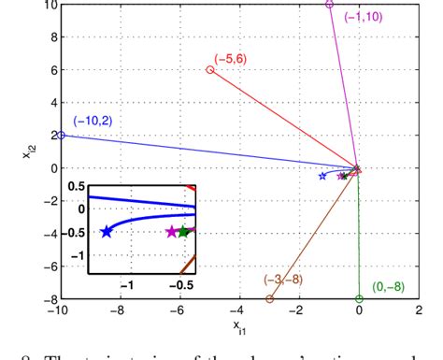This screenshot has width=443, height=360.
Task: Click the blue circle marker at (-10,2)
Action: pos(61,135)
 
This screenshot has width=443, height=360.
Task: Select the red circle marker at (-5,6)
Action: pos(209,70)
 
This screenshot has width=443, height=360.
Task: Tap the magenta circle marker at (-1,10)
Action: pos(329,5)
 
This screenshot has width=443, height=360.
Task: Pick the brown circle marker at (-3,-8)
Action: pos(270,299)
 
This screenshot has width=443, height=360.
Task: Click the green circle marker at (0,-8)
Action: pos(359,299)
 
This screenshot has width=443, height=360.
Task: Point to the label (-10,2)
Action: pos(93,121)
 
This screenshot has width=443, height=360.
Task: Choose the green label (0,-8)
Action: pos(389,286)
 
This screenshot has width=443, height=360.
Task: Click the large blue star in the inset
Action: pos(106,232)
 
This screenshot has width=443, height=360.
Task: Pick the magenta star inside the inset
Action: pos(172,232)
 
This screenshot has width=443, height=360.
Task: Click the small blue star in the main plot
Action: pos(323,176)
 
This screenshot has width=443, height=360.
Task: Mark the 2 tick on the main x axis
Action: pos(418,311)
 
